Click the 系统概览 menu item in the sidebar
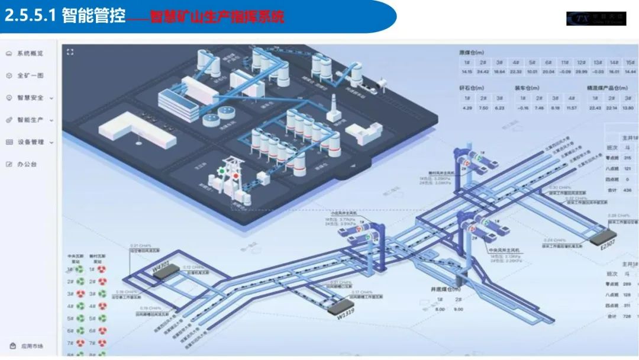29,53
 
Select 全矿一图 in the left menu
29,76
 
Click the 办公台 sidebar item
27,164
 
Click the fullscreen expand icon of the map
70,52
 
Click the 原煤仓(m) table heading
472,52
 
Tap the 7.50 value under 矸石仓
483,108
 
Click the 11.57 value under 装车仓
571,108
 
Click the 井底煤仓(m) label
446,290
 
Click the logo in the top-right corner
596,18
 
